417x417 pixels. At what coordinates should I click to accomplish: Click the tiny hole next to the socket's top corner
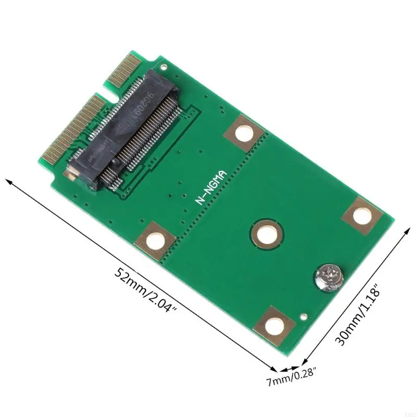click(164, 67)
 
